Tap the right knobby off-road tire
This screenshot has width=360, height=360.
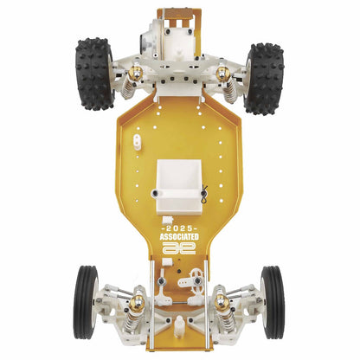[263, 78]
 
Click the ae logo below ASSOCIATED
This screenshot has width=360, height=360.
[178, 248]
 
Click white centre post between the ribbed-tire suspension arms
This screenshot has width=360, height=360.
[178, 325]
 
